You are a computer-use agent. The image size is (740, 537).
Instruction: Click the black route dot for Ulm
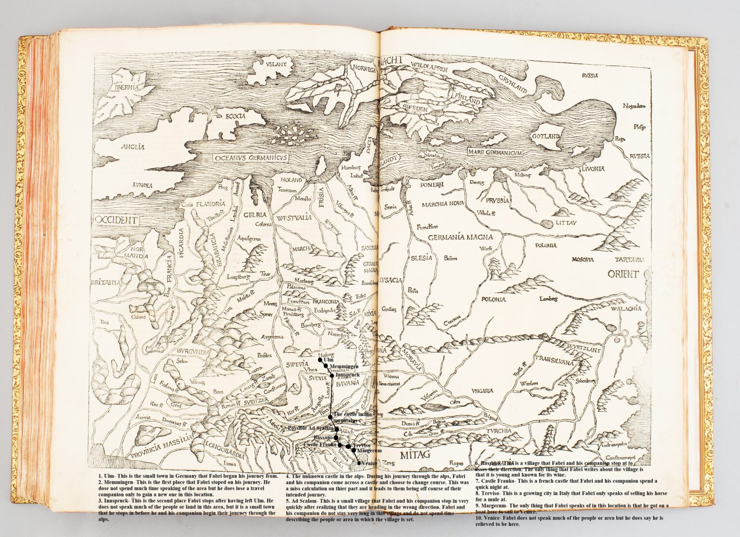coord(320,360)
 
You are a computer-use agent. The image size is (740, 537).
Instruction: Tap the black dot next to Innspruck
coord(331,375)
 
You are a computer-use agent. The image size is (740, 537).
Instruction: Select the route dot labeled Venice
coord(358,463)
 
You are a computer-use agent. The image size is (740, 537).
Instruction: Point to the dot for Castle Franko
coord(340,444)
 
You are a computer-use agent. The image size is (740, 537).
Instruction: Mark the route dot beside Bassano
coord(336,437)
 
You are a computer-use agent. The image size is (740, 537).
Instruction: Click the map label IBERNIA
coord(127,87)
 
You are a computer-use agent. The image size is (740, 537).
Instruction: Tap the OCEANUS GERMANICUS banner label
coord(250,158)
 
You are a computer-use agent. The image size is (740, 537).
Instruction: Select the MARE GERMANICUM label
coord(495,152)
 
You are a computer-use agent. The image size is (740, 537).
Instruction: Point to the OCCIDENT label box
coord(116,220)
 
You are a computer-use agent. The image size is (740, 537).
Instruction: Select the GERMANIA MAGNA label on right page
coord(460,237)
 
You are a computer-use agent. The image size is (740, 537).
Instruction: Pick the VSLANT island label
coord(275,63)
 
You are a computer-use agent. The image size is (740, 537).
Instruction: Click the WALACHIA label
coord(626,309)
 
